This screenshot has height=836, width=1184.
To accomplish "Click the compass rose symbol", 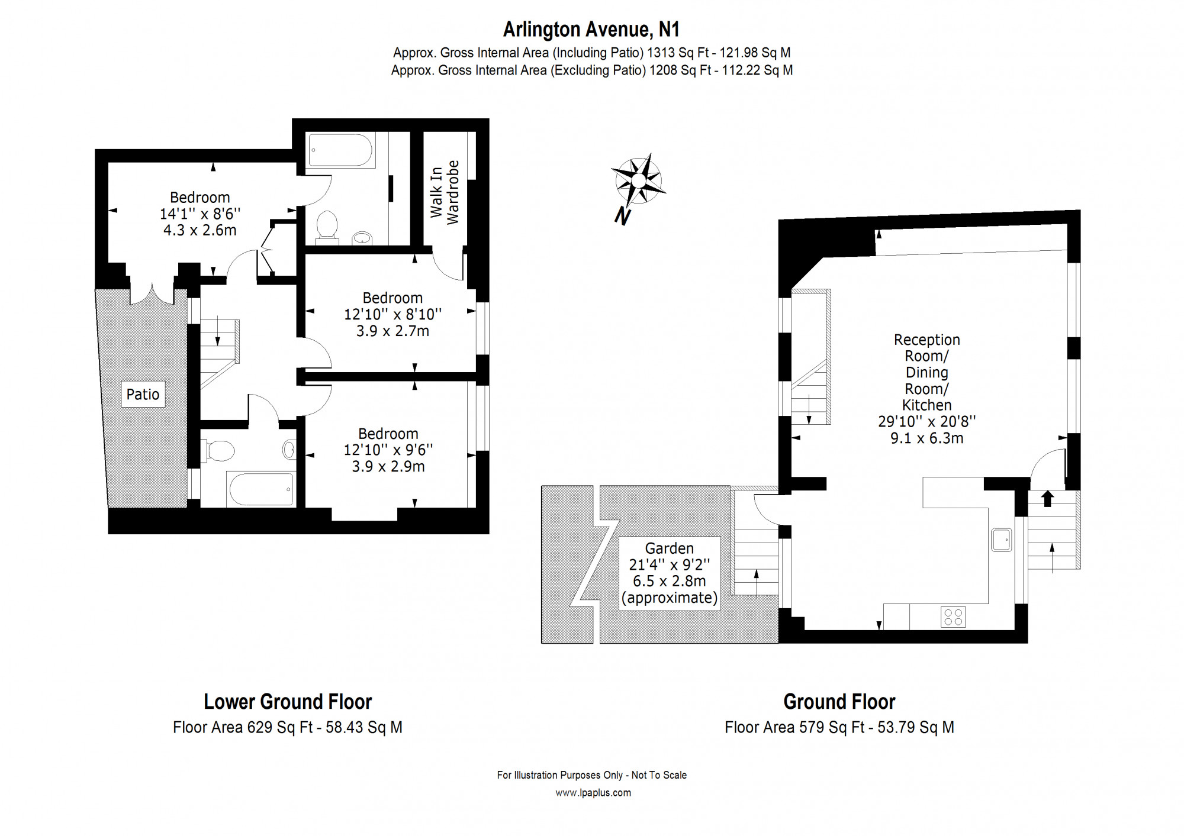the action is coord(638,180).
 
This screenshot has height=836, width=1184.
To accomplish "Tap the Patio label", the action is coord(143,395).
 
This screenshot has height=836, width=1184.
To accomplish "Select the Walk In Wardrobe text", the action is coord(445,192).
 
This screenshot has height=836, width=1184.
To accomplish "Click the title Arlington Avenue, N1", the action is coord(591,29).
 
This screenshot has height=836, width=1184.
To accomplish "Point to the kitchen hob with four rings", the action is coord(953,617).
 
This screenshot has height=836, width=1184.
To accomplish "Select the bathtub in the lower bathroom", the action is coord(261,489).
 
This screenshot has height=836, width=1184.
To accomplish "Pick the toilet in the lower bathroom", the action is coord(218,451).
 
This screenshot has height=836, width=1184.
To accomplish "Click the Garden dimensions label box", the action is coord(670,573).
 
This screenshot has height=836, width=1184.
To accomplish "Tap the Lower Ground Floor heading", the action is coord(288,702).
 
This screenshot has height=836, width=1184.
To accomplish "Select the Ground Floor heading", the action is coord(839,702).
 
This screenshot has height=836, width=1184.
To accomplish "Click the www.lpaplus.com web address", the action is coord(593,793).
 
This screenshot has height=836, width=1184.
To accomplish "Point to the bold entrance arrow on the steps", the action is coord(1047,499).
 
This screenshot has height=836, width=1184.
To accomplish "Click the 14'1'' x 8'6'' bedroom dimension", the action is coord(200,214).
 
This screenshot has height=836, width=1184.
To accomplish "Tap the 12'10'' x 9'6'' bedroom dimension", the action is coord(388,450).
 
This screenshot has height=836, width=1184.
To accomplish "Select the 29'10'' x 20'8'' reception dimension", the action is coord(927,421).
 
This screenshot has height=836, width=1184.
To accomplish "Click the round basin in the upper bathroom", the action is coord(361,238).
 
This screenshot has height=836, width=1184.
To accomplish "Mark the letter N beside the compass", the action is coord(622,216).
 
